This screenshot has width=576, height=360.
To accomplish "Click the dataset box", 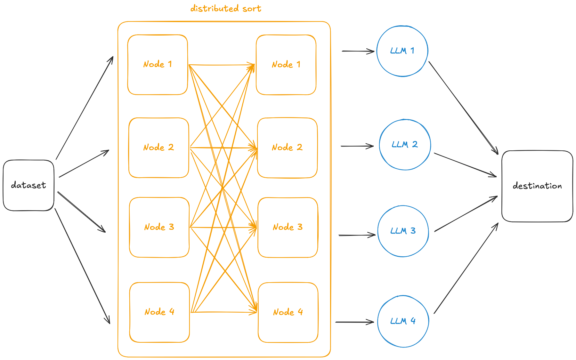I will click(28, 185).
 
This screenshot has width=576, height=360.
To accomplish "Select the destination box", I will click(537, 186).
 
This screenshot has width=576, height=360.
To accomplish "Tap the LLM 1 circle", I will click(402, 51).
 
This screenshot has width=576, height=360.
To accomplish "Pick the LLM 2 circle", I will click(405, 145).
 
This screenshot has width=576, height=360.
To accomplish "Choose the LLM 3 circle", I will click(403, 231).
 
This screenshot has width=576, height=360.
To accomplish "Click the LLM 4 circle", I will click(403, 321).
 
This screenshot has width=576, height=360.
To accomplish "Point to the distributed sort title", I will click(226, 9).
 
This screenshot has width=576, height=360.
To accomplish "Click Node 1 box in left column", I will click(157, 65).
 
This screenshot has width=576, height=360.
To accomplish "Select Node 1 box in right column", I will click(286, 65).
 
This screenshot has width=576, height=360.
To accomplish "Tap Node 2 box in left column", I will click(158, 148).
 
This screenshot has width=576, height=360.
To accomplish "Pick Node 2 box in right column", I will click(287, 148).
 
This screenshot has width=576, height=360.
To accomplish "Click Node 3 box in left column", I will click(159, 227).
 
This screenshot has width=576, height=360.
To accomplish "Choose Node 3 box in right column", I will click(288, 227).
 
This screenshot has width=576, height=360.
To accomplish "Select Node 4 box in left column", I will click(159, 312).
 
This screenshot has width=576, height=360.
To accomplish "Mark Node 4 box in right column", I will click(288, 312).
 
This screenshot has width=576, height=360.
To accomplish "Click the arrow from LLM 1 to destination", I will click(463, 108).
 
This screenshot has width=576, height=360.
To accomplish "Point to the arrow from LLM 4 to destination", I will click(466, 268).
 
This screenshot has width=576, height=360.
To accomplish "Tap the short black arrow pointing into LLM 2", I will click(357, 146).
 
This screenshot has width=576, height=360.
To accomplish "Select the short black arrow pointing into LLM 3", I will click(357, 235).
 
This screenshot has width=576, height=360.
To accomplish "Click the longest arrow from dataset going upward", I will click(85, 108).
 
